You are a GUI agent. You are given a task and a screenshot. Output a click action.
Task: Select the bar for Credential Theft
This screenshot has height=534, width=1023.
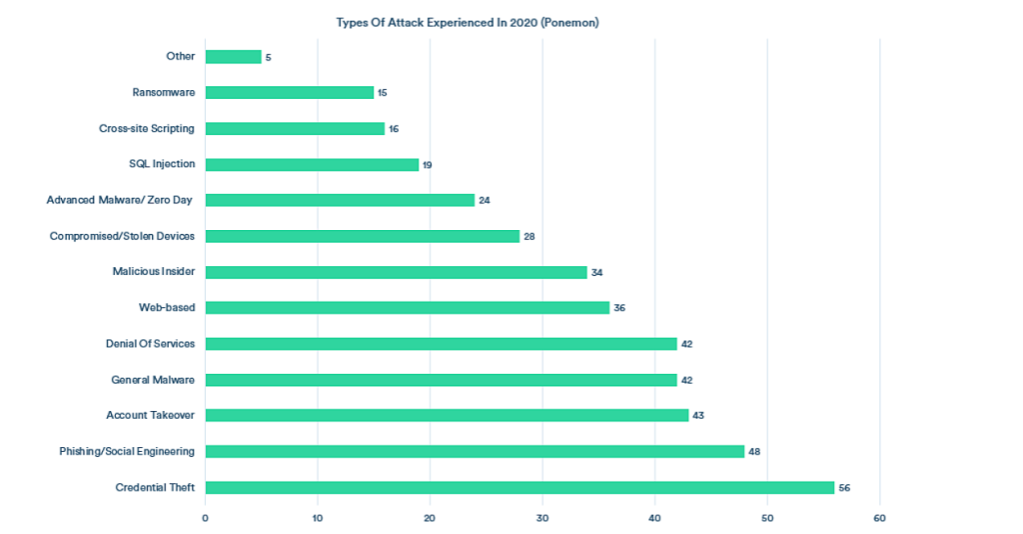[x=519, y=487]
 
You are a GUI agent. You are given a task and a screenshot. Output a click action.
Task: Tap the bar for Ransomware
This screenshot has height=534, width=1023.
[x=290, y=92]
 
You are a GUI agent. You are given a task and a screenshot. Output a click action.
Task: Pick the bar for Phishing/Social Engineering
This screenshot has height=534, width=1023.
[x=475, y=451]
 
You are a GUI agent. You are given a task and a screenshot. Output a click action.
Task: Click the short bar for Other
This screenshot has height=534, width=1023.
[x=233, y=57]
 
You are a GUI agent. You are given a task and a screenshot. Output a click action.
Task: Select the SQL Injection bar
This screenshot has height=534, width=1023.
[x=312, y=164]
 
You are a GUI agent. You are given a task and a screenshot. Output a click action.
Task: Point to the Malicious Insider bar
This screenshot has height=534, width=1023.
[x=396, y=272]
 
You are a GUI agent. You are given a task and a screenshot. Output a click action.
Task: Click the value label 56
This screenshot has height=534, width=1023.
[x=844, y=488]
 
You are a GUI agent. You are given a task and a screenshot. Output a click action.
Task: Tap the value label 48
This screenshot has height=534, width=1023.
[x=754, y=452]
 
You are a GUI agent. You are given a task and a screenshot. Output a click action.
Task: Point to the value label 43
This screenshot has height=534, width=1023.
[x=698, y=416]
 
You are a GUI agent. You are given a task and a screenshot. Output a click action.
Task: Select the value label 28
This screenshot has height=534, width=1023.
[x=529, y=236]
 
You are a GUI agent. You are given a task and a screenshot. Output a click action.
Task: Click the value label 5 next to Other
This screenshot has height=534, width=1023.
[x=268, y=57]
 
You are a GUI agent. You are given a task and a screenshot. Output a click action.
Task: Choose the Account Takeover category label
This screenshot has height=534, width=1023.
[x=150, y=415]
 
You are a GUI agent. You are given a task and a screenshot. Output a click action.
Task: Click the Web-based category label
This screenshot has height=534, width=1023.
[x=167, y=307]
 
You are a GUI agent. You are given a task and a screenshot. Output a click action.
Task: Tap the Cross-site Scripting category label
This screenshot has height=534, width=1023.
[x=147, y=128]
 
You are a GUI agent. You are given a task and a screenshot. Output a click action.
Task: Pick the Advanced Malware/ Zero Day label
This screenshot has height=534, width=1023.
[x=120, y=200]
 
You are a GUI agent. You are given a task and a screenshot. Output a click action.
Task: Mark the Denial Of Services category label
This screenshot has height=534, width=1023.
[x=150, y=343]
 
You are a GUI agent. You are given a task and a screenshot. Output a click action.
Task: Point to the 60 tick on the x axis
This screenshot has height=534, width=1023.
[x=879, y=518]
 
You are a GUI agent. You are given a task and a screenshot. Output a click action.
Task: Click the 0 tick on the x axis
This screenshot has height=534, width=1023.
[x=205, y=518]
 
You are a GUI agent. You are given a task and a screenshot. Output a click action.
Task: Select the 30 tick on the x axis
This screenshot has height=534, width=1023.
[x=542, y=518]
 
